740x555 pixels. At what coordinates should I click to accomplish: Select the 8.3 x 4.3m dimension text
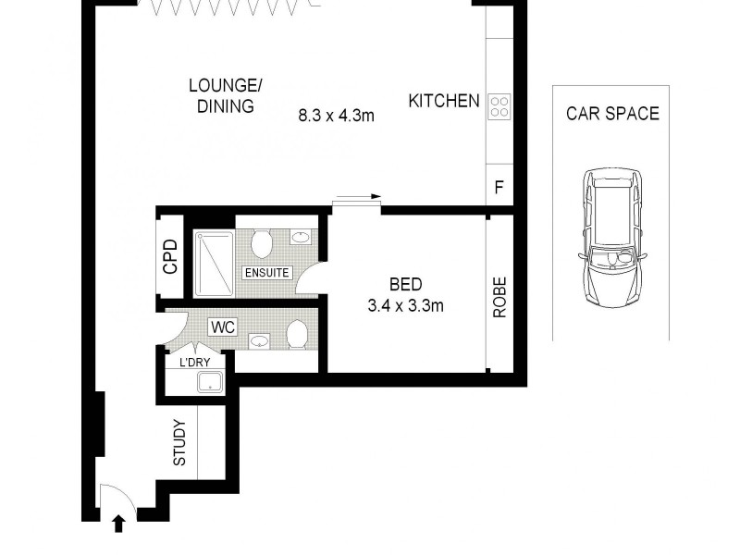click(336, 116)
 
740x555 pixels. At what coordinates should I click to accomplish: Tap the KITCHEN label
click(444, 101)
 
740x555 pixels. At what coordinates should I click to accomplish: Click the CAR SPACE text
click(612, 114)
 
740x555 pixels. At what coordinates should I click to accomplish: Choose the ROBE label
click(499, 297)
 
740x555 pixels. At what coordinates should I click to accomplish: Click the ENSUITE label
click(267, 273)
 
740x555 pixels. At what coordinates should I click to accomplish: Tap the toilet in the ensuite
click(261, 243)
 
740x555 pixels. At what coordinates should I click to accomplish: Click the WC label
click(223, 327)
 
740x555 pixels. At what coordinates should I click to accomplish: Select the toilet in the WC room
click(298, 334)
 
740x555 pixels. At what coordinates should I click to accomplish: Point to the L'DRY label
click(196, 363)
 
